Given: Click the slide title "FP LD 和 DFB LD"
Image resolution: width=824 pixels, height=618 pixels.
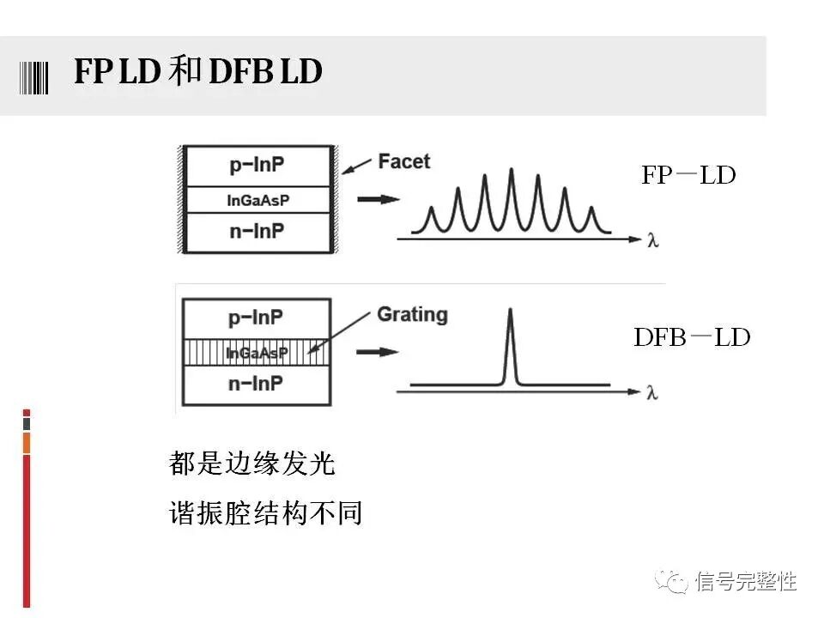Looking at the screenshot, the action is point(197,73).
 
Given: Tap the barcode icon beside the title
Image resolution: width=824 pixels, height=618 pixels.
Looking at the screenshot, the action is point(35,76).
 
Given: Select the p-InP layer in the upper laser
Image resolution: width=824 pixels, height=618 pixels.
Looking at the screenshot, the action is point(257,166).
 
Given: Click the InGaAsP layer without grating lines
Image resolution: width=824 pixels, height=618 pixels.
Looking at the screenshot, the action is point(257,200).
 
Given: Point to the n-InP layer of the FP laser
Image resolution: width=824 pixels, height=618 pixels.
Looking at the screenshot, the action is point(257,232).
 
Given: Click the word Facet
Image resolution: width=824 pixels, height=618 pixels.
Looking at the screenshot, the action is point(403,161).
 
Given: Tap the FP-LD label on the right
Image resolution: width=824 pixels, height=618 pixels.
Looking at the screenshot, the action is point(688,175).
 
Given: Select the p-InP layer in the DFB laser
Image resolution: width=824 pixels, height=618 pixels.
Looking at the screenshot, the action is point(256,318).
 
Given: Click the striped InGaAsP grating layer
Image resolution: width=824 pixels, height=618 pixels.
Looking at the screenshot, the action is point(256,353).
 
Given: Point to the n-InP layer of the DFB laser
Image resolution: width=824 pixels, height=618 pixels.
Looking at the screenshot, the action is point(256,385).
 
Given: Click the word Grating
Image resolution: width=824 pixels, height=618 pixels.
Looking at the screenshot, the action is point(412,314).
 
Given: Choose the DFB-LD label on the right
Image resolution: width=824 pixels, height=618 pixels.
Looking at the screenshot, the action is point(692,337).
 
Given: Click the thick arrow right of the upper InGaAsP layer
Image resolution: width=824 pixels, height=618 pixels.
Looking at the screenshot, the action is point(378,200).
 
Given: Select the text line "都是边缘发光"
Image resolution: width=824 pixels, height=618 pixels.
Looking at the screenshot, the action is point(251,464).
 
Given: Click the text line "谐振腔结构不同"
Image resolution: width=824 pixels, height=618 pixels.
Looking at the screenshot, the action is point(265,513).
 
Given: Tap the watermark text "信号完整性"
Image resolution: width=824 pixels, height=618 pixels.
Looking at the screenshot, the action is point(746,581).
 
